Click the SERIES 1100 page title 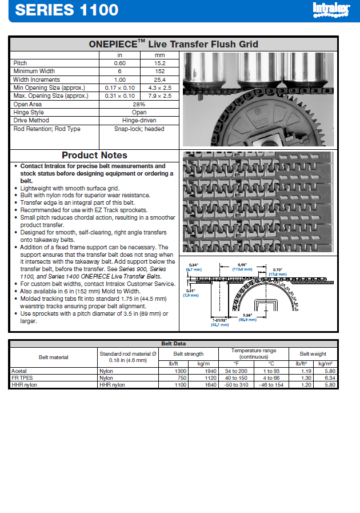pos(67,10)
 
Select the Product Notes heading pos(94,155)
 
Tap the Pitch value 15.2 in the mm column pos(159,63)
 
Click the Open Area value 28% pos(139,104)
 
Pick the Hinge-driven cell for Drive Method pos(139,121)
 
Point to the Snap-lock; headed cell pos(139,129)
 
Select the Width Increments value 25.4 pos(159,79)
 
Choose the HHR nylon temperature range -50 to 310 pos(235,385)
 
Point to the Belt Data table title pos(173,343)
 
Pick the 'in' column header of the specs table pos(119,55)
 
